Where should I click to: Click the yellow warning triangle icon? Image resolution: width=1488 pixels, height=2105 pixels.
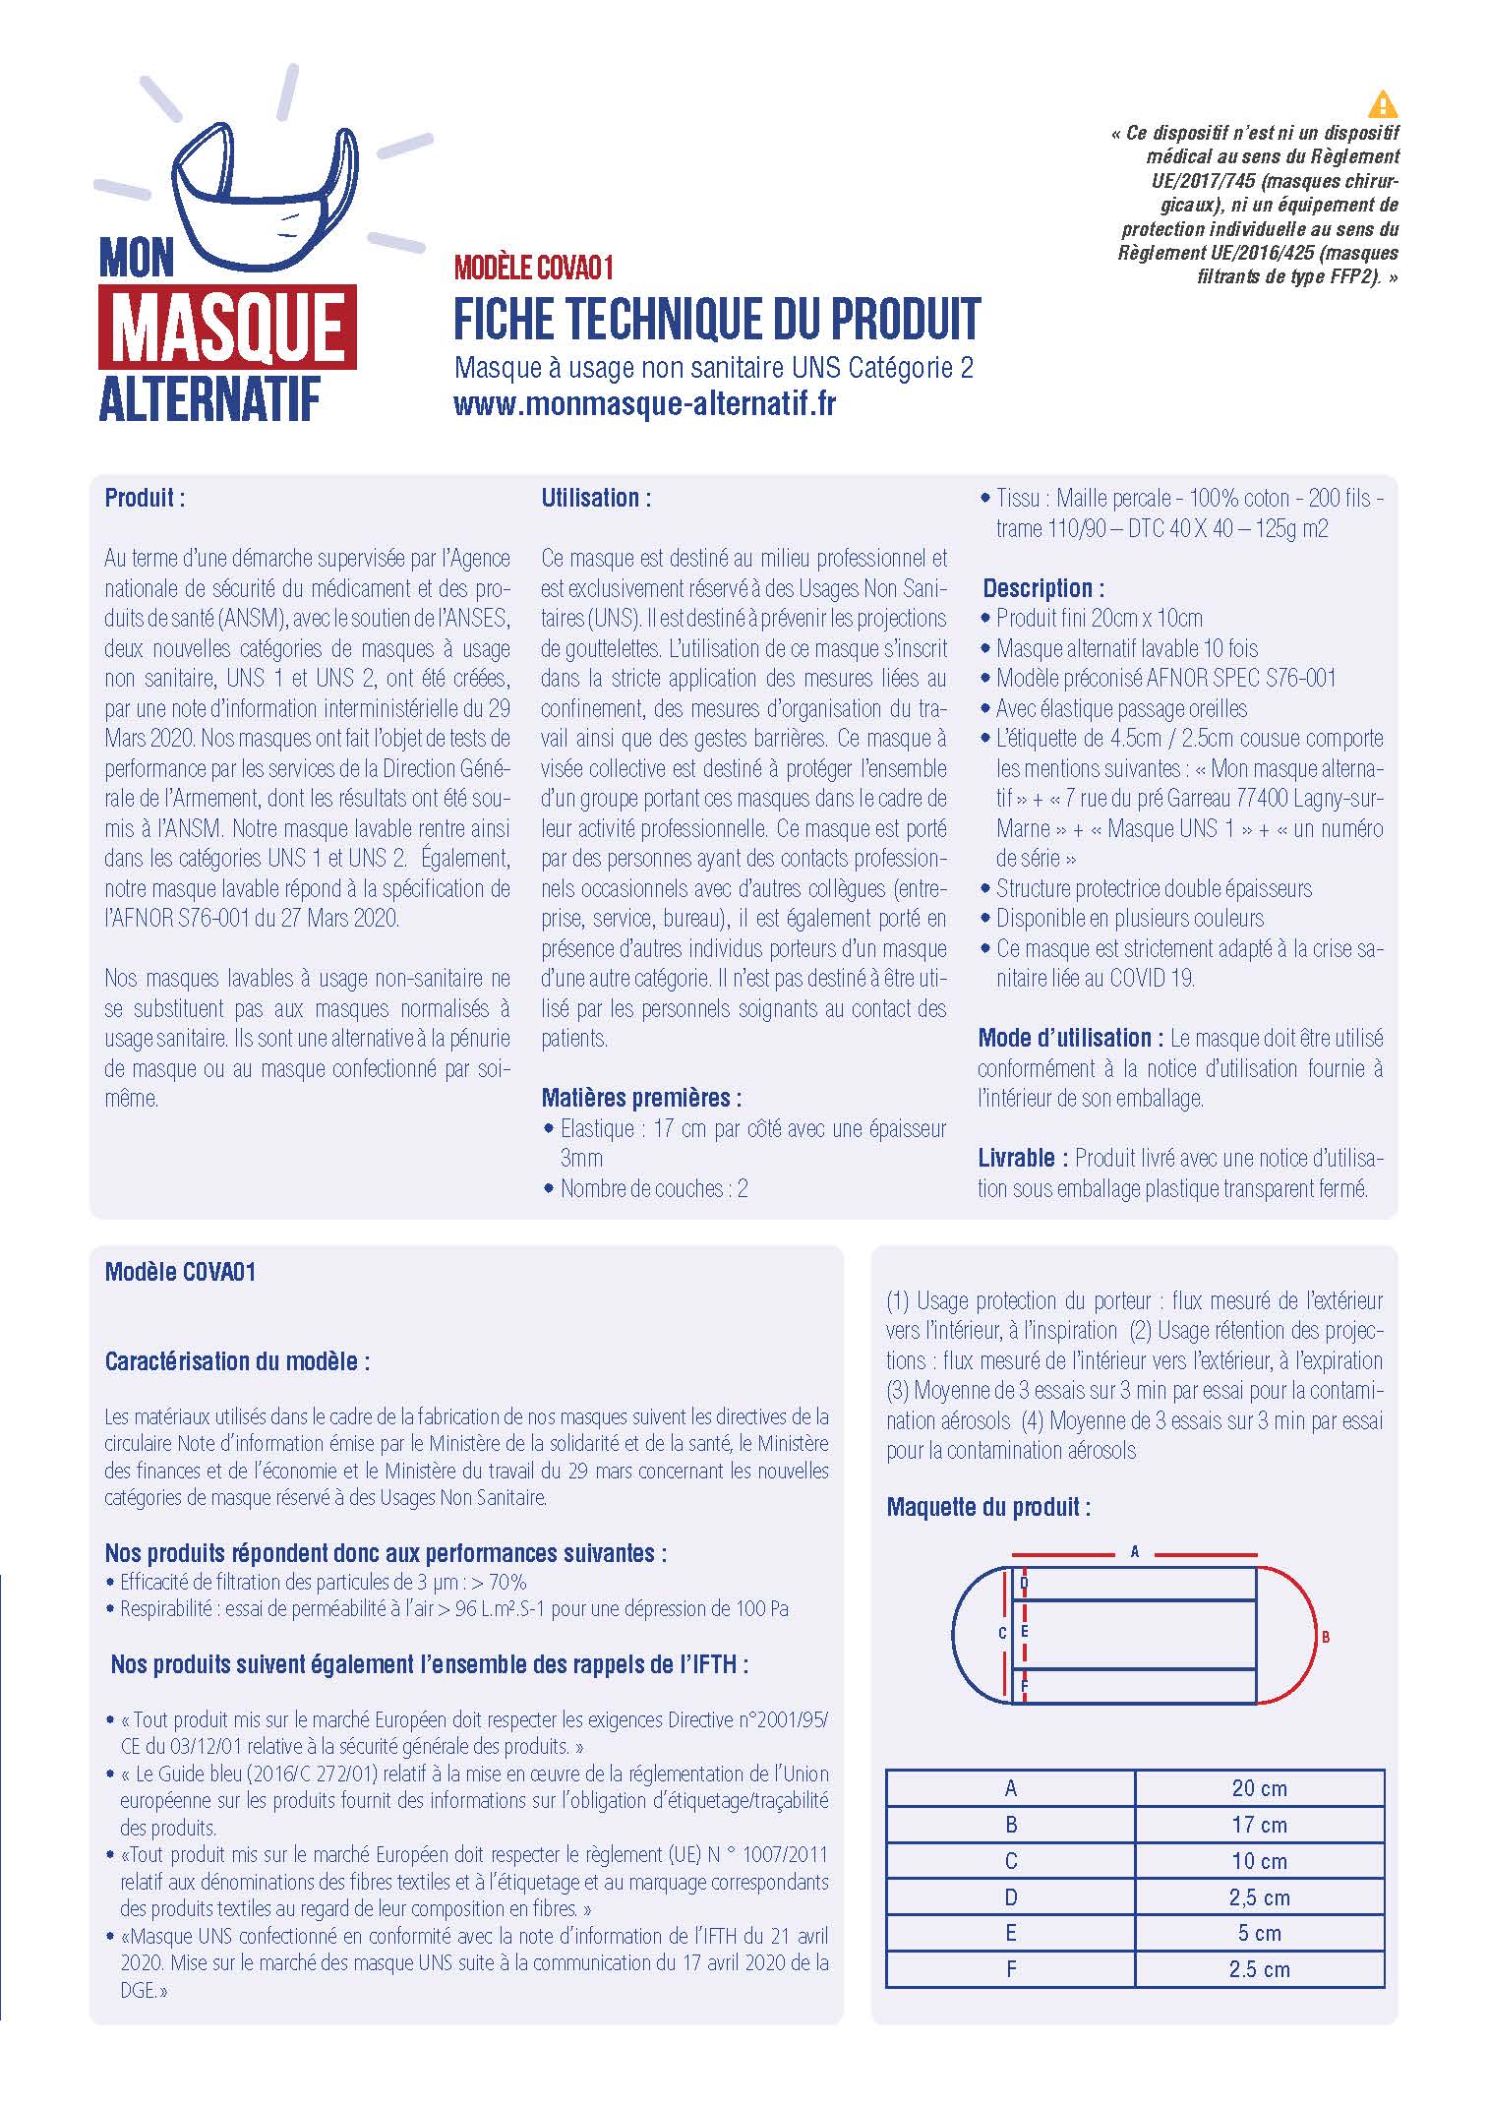click(x=1383, y=103)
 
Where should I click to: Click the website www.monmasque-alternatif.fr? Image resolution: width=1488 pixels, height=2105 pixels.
click(x=644, y=404)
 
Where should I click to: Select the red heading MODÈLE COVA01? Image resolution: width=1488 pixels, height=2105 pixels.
click(x=534, y=268)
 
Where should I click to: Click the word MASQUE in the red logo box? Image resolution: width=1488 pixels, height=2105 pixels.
click(x=227, y=330)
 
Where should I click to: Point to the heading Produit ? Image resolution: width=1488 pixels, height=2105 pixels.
click(x=145, y=498)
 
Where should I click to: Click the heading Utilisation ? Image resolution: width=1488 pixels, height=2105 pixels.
click(x=595, y=498)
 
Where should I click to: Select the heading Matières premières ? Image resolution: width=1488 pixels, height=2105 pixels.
click(x=641, y=1098)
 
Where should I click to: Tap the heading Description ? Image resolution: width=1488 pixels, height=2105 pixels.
click(x=1042, y=588)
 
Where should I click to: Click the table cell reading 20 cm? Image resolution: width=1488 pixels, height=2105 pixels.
click(x=1259, y=1788)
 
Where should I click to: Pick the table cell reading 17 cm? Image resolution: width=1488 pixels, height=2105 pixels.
click(x=1259, y=1825)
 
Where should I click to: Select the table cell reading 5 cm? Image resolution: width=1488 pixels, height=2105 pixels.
click(x=1259, y=1933)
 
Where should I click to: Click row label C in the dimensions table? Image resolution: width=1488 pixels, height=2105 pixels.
click(x=1010, y=1861)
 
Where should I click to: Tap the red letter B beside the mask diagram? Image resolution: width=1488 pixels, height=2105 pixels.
click(x=1326, y=1638)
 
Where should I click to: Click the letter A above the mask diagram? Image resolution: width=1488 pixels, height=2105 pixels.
click(x=1134, y=1552)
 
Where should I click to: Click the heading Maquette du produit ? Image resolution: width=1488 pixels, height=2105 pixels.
click(x=987, y=1507)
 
